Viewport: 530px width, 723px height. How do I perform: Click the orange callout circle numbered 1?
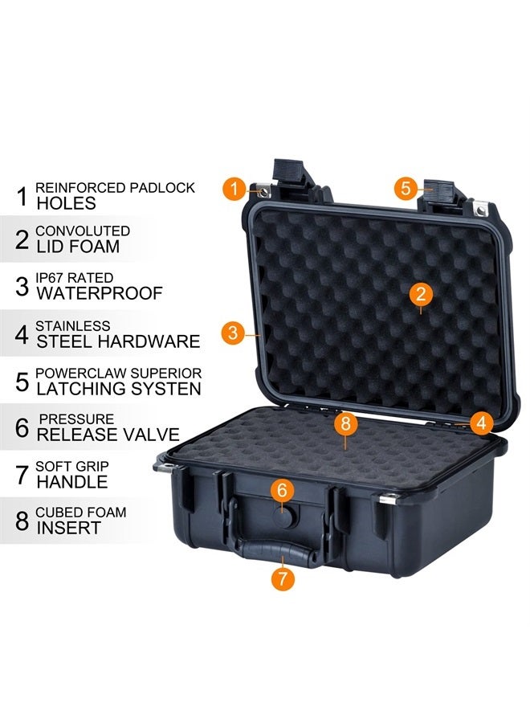234,190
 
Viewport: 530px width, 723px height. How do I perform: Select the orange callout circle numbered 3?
233,333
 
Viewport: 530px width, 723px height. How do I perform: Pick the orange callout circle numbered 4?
481,422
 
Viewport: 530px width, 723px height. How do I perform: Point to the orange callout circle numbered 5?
406,189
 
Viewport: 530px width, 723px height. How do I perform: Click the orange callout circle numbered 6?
282,489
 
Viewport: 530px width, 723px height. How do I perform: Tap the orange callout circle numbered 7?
282,578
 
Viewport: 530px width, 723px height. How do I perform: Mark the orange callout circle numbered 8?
346,423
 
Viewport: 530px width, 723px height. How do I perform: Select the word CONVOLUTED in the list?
83,231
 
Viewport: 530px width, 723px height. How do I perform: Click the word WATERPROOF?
100,293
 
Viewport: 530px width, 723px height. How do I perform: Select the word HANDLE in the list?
72,482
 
